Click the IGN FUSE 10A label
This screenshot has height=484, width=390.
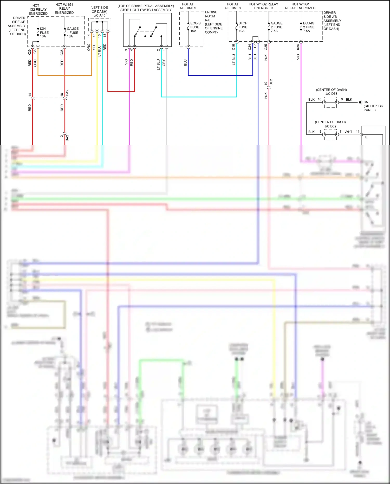click(44, 33)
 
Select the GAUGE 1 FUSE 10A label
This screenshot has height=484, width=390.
click(73, 33)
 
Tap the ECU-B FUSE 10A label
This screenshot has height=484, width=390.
click(195, 27)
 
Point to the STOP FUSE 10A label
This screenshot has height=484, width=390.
click(243, 27)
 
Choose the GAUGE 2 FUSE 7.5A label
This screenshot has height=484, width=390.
click(276, 27)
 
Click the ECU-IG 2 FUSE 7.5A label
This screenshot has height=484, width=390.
click(309, 27)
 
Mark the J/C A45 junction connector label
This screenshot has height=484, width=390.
click(99, 15)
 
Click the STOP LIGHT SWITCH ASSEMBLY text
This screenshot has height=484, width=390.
click(146, 10)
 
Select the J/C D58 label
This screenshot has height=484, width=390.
click(331, 94)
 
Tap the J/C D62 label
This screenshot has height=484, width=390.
click(330, 126)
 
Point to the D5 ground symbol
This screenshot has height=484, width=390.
click(360, 102)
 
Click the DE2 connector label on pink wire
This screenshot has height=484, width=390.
click(271, 82)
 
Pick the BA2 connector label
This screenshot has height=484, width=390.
click(67, 138)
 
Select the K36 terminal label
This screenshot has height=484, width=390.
click(298, 47)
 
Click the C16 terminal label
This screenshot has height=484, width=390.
click(233, 47)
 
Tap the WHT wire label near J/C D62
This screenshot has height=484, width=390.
click(348, 132)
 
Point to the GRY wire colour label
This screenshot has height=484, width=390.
click(164, 63)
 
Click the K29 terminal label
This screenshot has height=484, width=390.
click(30, 52)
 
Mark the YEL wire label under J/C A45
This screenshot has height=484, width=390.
click(94, 47)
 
